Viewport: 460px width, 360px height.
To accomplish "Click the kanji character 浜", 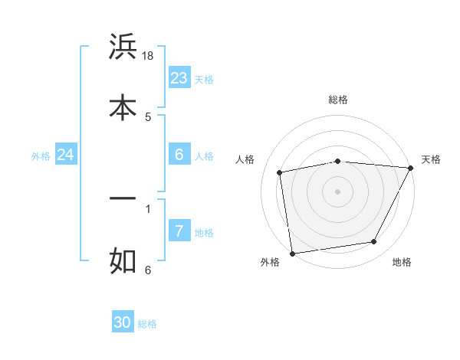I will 123,48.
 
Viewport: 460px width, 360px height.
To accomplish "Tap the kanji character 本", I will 123,107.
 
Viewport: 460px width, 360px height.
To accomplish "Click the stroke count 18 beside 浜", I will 149,57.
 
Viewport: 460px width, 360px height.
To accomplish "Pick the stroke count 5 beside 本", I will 148,116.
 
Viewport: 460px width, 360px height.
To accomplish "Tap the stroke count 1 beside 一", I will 148,208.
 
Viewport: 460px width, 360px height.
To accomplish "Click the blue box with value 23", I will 179,78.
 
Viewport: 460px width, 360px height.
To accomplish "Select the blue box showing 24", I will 66,155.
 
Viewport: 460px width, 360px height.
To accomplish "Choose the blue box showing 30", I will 123,322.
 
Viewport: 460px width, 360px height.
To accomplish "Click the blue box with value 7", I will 179,231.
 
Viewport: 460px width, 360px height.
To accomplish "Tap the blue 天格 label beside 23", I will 204,80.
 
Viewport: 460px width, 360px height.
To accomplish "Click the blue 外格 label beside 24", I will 41,156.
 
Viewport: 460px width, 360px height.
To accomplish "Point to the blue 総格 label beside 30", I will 147,324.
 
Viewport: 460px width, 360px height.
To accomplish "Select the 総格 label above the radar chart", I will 338,100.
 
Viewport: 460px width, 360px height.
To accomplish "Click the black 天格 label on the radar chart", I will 431,159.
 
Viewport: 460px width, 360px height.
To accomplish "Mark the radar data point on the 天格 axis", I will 410,168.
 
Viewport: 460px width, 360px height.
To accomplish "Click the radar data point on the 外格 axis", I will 292,253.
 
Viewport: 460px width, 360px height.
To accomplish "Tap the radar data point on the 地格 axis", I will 374,242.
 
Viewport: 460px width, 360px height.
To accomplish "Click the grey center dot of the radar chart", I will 338,191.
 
